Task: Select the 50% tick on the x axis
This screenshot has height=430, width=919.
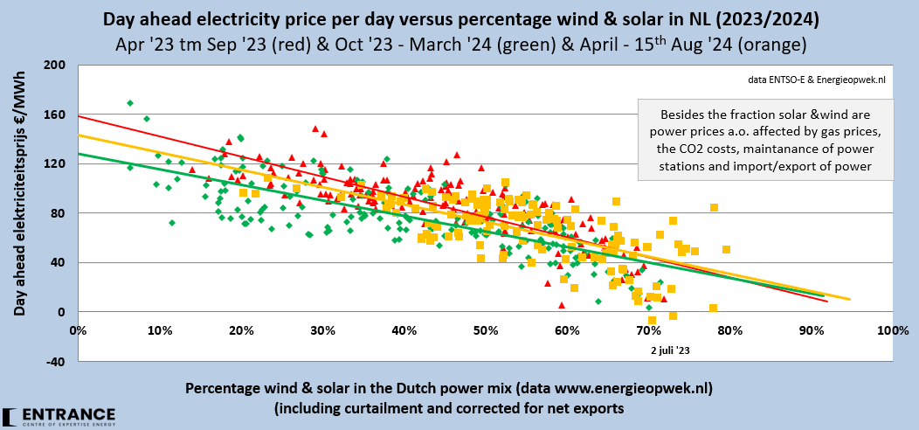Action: click(485, 331)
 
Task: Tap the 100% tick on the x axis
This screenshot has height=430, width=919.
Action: click(890, 331)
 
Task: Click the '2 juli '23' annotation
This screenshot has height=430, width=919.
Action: click(671, 350)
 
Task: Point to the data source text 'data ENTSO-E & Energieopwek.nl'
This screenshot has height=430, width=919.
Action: click(817, 80)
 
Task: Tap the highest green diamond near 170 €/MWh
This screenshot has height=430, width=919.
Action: click(130, 103)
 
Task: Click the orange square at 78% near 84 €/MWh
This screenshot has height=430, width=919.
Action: click(714, 207)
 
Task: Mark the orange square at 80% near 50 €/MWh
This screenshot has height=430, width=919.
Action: click(726, 249)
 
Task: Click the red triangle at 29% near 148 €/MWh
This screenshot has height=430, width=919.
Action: click(315, 128)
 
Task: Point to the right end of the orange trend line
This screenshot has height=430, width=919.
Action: click(849, 300)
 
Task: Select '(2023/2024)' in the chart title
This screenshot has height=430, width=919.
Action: click(761, 17)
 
